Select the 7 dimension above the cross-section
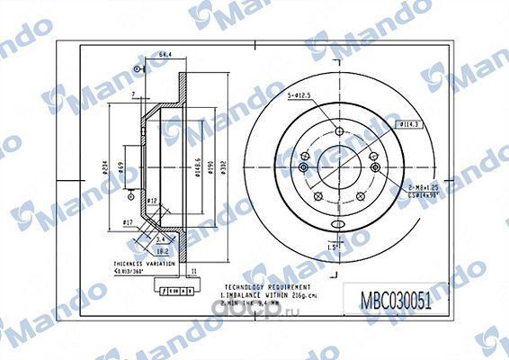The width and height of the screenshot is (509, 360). [x=131, y=94]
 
